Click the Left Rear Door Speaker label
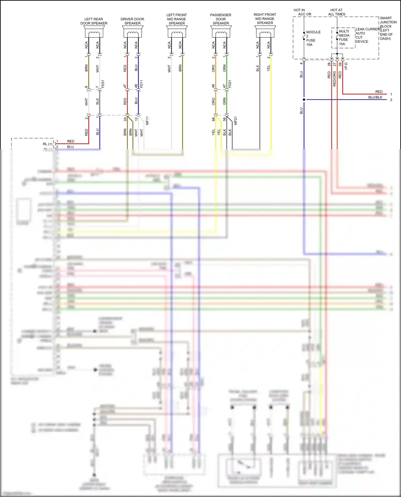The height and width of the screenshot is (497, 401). [x=94, y=21]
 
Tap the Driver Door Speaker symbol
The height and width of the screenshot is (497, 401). [x=133, y=32]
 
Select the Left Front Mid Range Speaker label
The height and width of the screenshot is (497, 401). [x=176, y=19]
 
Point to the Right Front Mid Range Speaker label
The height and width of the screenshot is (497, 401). [x=265, y=19]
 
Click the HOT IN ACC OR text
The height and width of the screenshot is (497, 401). [x=302, y=12]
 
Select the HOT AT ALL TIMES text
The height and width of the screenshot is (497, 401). [x=337, y=12]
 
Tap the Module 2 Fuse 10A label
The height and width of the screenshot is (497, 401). [x=313, y=38]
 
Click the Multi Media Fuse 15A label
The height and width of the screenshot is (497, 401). [x=344, y=38]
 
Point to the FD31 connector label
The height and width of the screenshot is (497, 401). [x=103, y=84]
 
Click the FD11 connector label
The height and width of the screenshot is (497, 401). [x=141, y=84]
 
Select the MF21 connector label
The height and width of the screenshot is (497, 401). [x=236, y=121]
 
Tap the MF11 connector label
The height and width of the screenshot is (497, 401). [x=147, y=121]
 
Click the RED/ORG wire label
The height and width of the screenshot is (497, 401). [x=334, y=79]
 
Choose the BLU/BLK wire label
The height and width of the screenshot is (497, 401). [x=375, y=97]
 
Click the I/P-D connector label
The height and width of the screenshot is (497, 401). [x=346, y=66]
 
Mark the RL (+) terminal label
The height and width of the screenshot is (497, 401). [x=48, y=144]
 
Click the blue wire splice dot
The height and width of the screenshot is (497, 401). [x=304, y=100]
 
